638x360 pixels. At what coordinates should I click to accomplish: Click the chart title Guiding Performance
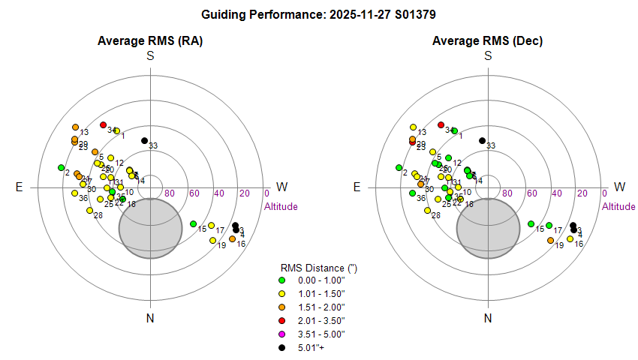pos(319,14)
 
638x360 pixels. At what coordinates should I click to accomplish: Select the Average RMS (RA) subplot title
pos(150,40)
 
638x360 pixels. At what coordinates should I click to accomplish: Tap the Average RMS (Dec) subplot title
pos(488,40)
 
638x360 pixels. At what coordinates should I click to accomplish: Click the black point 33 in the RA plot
pos(144,140)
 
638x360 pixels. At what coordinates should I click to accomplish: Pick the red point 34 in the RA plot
pos(104,124)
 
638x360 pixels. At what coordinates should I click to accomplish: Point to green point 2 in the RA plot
pos(61,167)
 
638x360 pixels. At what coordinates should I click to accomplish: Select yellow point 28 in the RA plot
pos(89,211)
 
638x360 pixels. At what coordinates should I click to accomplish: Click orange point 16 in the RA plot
pos(232,238)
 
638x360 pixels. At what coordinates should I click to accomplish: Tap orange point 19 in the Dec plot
pos(551,241)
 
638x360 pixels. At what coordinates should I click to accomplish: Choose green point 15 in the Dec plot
pos(531,223)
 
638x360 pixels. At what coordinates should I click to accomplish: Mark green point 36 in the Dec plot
pos(412,193)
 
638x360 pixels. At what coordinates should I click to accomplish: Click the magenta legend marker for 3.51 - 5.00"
pos(282,334)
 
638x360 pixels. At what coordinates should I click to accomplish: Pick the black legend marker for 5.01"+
pos(282,347)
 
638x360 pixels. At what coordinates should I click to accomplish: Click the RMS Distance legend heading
pos(312,267)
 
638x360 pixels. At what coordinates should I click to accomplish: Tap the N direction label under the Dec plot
pos(488,319)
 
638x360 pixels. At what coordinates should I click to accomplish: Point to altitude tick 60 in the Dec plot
pos(531,193)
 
